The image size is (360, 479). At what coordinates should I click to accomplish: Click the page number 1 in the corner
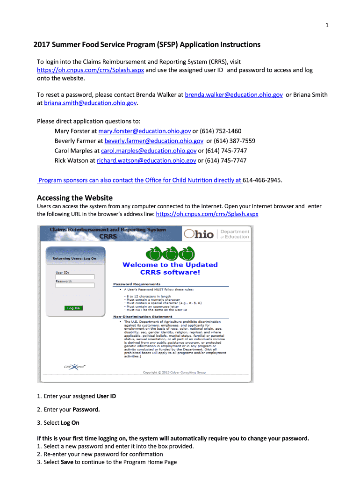[x=327, y=25]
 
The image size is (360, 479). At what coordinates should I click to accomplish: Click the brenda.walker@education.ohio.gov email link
[x=234, y=95]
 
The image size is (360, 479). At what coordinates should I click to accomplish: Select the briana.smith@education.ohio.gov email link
[x=90, y=103]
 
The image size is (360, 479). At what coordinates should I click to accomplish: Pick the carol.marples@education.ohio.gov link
[x=149, y=151]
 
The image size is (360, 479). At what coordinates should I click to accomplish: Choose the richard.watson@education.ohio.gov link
[x=146, y=160]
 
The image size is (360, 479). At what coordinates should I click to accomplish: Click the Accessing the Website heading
[x=75, y=197]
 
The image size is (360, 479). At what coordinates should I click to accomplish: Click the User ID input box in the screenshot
[x=75, y=276]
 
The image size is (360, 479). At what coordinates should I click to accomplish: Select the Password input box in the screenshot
[x=75, y=285]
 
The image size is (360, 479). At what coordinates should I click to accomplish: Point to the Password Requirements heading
[x=137, y=284]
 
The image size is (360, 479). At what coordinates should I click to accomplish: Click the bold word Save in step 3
[x=66, y=462]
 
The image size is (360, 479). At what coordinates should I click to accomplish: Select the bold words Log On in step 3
[x=70, y=423]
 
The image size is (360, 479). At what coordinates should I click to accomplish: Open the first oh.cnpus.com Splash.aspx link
[x=90, y=70]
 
